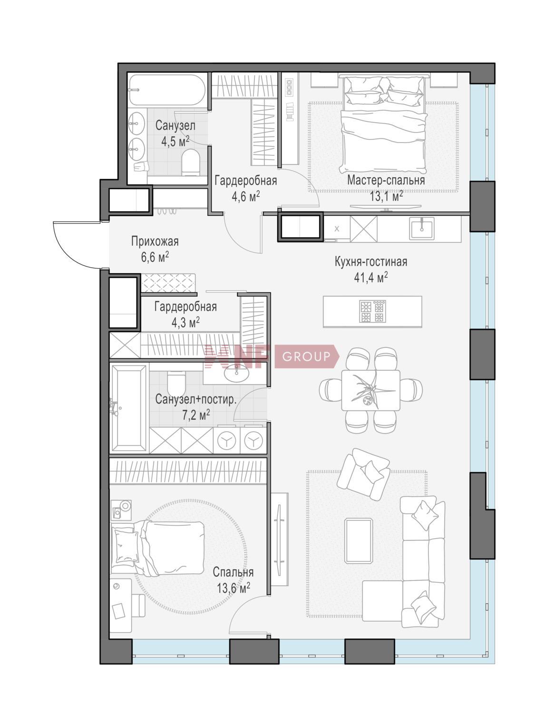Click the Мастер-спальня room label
(x=386, y=180)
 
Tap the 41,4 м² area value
(x=371, y=278)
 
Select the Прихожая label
(x=155, y=241)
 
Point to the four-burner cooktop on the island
(x=372, y=311)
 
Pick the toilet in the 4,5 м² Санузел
(x=190, y=163)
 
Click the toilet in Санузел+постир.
(x=176, y=382)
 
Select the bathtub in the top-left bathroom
(x=167, y=90)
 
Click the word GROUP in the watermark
(x=306, y=356)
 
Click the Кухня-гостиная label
(x=371, y=261)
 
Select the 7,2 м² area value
(x=196, y=415)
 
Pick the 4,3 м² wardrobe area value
(x=185, y=322)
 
